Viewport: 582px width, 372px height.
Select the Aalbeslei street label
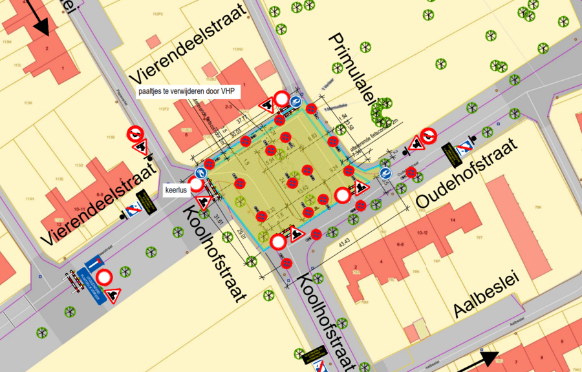click(486, 299)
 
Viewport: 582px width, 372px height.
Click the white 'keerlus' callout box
click(177, 191)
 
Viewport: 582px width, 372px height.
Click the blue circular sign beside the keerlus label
click(202, 173)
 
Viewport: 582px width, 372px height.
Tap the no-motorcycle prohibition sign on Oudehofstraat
click(427, 136)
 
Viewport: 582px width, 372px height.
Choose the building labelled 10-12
click(423, 232)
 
